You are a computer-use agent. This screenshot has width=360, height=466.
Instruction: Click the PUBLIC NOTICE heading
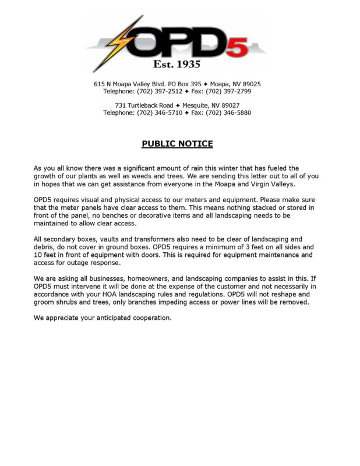click(x=177, y=144)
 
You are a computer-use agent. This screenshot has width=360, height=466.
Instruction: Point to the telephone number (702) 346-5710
click(x=160, y=112)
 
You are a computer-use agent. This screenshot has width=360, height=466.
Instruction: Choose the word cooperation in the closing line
click(x=150, y=317)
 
